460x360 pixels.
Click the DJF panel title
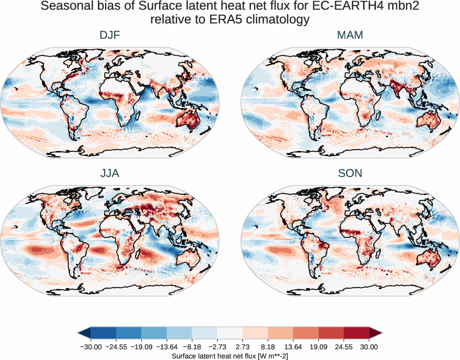(x=110, y=35)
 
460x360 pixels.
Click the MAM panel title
(x=350, y=35)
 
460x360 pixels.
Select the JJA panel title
(x=110, y=173)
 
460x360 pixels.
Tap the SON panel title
(x=350, y=173)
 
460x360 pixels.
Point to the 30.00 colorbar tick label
(x=369, y=347)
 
